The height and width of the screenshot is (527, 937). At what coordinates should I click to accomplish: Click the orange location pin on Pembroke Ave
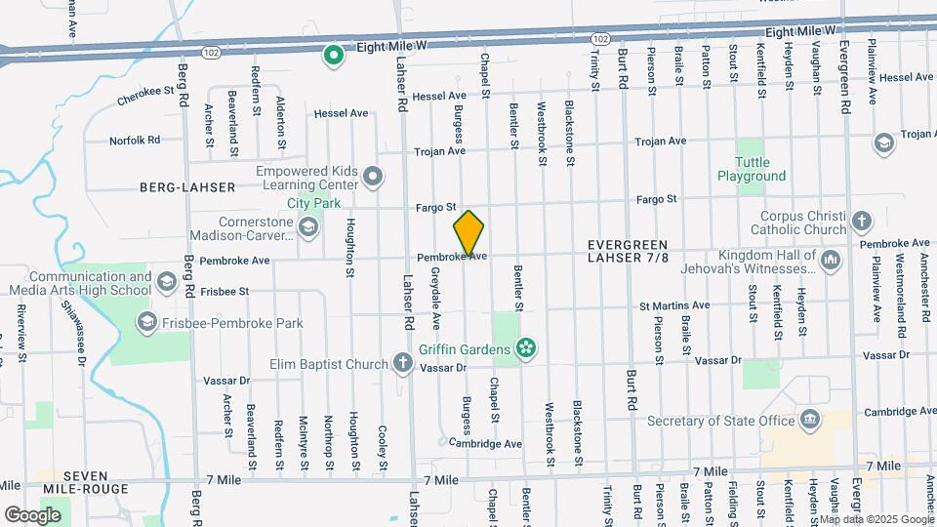pyautogui.click(x=468, y=234)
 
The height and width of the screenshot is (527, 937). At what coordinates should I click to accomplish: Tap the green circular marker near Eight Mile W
pyautogui.click(x=334, y=56)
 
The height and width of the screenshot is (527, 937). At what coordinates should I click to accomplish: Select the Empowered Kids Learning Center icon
pyautogui.click(x=373, y=178)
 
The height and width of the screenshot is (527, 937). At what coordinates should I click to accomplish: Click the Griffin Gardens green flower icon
pyautogui.click(x=526, y=348)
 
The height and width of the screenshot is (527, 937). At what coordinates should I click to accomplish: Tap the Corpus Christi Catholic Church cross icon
pyautogui.click(x=861, y=221)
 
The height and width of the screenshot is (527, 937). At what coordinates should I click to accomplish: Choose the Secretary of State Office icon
pyautogui.click(x=810, y=421)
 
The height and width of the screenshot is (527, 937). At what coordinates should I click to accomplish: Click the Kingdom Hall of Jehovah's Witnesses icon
pyautogui.click(x=831, y=260)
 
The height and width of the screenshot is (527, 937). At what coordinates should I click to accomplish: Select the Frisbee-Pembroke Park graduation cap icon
pyautogui.click(x=147, y=322)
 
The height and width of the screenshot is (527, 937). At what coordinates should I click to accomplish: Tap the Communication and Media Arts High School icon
pyautogui.click(x=167, y=283)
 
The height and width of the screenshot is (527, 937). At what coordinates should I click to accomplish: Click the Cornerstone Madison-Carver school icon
pyautogui.click(x=308, y=228)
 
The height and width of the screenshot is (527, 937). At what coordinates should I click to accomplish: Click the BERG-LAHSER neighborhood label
pyautogui.click(x=187, y=186)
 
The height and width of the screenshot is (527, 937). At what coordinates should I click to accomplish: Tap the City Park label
pyautogui.click(x=313, y=203)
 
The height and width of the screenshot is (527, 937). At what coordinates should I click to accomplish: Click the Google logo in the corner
pyautogui.click(x=32, y=514)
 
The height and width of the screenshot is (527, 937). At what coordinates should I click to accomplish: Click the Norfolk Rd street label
pyautogui.click(x=134, y=141)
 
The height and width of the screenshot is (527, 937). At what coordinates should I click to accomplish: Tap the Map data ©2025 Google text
pyautogui.click(x=881, y=517)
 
